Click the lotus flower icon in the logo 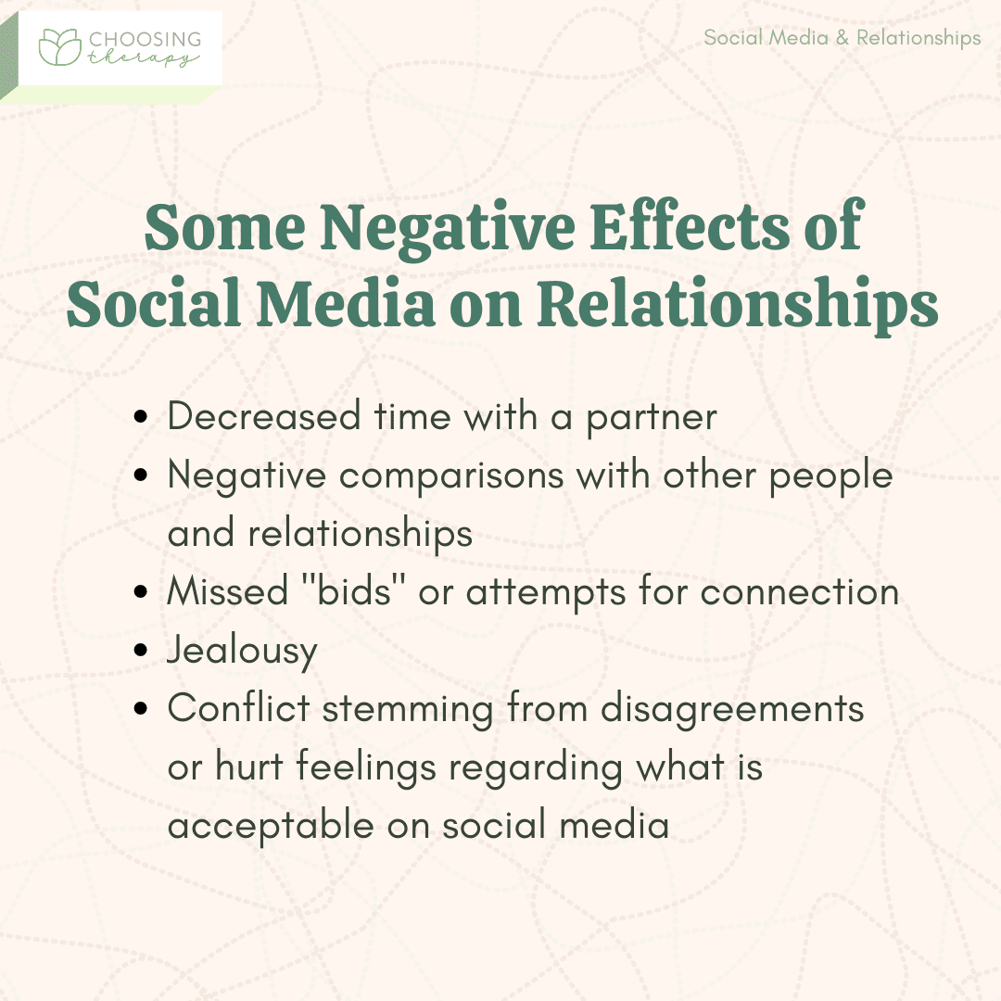click(60, 46)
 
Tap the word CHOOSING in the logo click(145, 39)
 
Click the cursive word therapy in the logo click(143, 58)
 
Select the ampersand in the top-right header click(843, 38)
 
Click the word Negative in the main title click(448, 229)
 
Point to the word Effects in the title click(691, 226)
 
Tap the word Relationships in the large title click(738, 303)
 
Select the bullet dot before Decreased click(141, 417)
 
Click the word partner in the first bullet click(652, 419)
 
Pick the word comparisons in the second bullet click(451, 477)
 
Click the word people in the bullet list click(830, 476)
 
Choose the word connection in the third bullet click(800, 592)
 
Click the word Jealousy click(243, 652)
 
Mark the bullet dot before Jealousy click(141, 651)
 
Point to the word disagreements click(732, 709)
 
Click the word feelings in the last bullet click(366, 768)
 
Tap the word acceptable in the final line click(271, 826)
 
